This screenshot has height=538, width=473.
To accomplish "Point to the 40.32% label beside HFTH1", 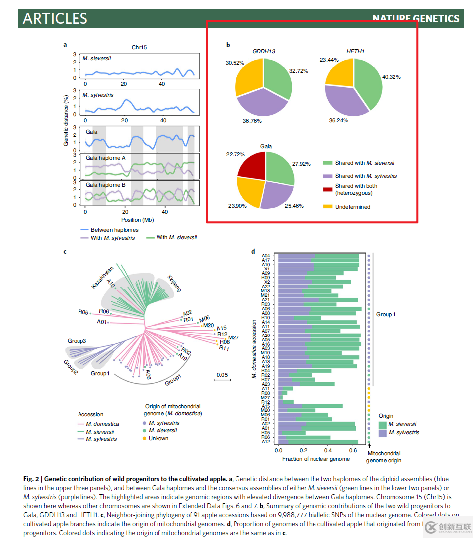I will tap(392, 77).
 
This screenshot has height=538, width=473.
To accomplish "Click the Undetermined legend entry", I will tap(352, 207).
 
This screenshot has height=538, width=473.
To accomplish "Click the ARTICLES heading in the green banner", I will tap(55, 19).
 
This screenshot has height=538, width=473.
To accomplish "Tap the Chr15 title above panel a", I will tap(139, 47).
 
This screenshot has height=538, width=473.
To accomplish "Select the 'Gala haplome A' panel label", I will tap(105, 158).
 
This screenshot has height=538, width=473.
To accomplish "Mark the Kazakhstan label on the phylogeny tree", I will tap(103, 277).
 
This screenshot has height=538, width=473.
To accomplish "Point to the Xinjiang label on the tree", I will tap(174, 283).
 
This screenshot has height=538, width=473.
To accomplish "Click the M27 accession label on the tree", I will tap(234, 337).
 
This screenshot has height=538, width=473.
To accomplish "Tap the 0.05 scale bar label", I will tap(221, 375).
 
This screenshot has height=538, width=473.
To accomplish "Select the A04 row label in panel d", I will tap(266, 256).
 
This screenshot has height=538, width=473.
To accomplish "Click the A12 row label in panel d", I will tap(266, 442).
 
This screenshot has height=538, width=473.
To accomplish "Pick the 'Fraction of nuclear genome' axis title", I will tap(316, 459).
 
